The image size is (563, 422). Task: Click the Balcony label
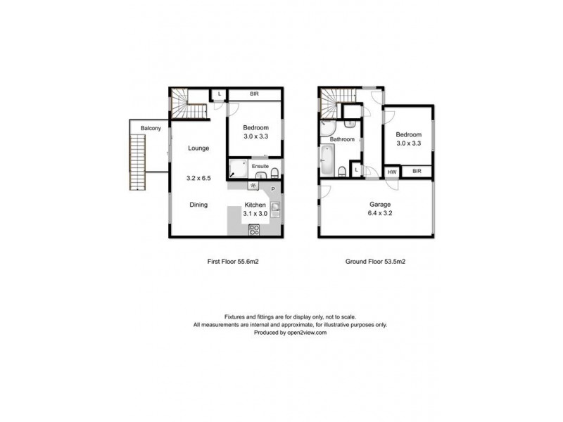[151, 128]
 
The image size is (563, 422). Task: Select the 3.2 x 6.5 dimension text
[198, 179]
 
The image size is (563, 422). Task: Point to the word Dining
[198, 205]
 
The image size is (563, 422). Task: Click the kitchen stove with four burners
[255, 229]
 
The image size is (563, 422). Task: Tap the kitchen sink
[276, 208]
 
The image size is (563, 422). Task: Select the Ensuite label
[260, 166]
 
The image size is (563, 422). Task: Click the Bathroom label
[342, 139]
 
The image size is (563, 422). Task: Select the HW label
[391, 171]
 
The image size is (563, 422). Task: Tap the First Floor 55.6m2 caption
[225, 262]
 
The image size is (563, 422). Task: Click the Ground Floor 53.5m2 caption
[375, 262]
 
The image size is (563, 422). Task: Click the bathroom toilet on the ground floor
[341, 172]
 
